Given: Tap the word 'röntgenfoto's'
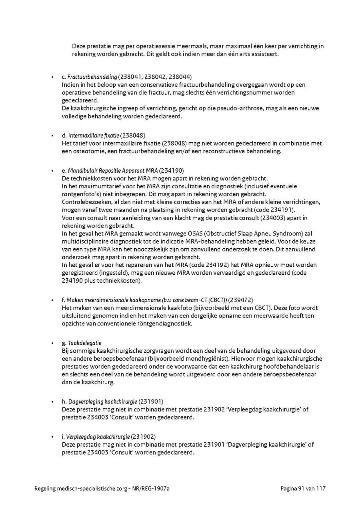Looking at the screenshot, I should click(80, 194).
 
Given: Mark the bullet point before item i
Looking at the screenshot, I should click(52, 437).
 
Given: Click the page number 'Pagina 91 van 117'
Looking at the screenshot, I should click(302, 489).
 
